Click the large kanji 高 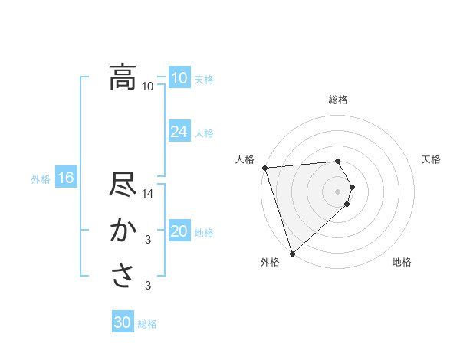click(x=123, y=77)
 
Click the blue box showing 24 click(x=179, y=132)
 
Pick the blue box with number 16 click(x=65, y=178)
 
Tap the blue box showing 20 click(x=179, y=231)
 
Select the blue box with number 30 click(x=123, y=322)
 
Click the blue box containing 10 click(x=179, y=78)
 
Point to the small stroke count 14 click(x=149, y=193)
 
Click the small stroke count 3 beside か click(x=148, y=240)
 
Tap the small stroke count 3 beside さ click(x=148, y=286)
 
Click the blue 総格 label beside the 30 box click(x=147, y=324)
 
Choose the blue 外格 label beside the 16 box click(x=41, y=179)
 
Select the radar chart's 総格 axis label click(x=338, y=100)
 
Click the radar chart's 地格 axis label click(x=402, y=263)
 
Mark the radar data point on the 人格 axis click(x=264, y=168)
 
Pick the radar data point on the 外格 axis click(x=292, y=253)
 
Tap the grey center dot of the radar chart click(x=338, y=191)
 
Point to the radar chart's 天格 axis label click(x=432, y=159)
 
